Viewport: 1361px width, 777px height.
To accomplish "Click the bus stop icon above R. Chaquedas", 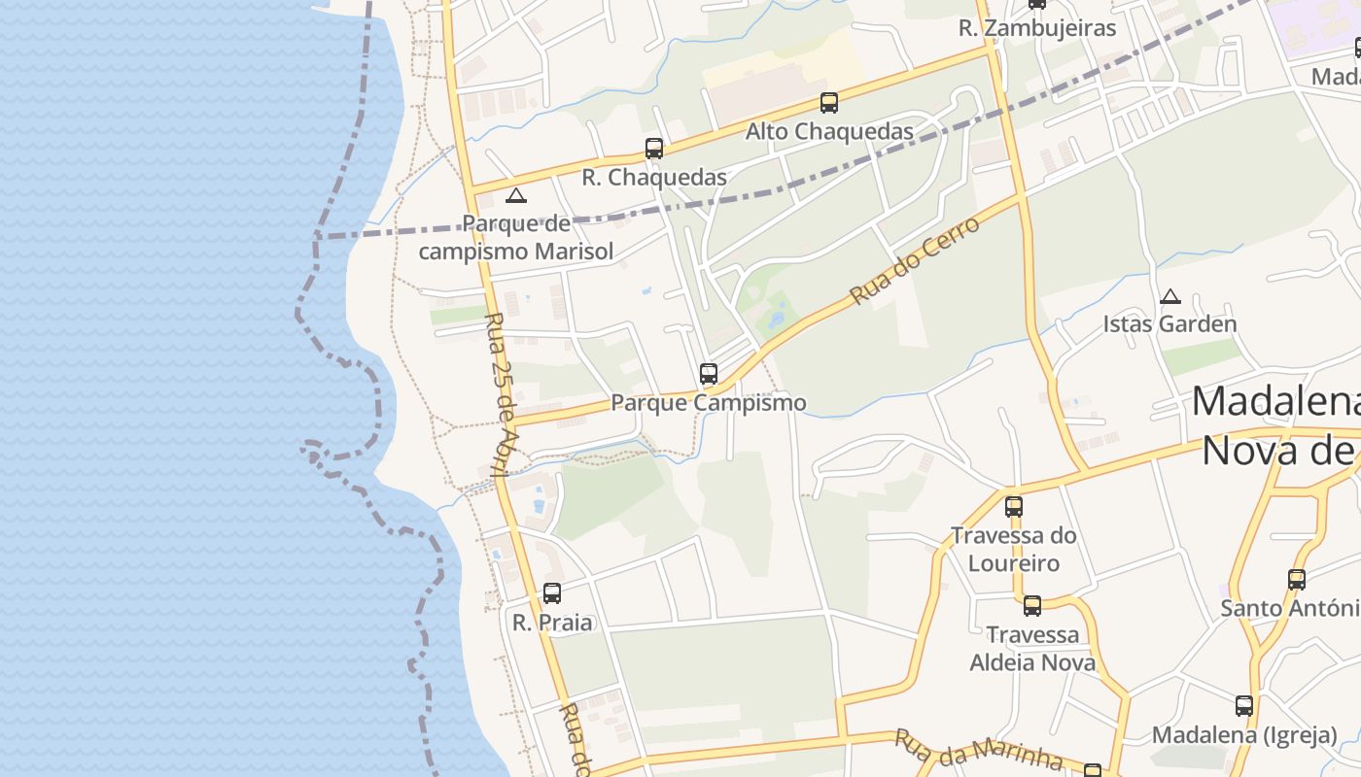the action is [x=654, y=149].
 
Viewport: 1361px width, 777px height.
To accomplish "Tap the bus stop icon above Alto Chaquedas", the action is [x=829, y=103].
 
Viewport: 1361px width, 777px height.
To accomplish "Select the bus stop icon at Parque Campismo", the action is [x=709, y=374].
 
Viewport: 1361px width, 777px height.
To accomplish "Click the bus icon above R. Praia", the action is [x=552, y=593].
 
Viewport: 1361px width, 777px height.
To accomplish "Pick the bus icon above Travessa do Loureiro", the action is [x=1014, y=506].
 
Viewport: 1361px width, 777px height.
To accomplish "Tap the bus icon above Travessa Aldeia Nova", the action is [x=1032, y=606].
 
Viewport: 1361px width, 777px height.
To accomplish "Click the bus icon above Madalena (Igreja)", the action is [x=1244, y=706].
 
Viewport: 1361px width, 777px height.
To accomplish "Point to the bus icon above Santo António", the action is [x=1297, y=580].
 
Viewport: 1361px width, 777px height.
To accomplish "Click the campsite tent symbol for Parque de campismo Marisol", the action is [x=516, y=196].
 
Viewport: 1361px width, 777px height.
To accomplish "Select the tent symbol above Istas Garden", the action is [x=1170, y=296].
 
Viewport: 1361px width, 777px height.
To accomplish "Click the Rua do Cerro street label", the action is [x=915, y=257].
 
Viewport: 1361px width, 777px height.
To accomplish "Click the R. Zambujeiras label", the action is [x=1037, y=28].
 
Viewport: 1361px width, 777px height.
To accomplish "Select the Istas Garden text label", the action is [x=1169, y=324].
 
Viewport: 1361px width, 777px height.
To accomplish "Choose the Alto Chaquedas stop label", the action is [x=829, y=131].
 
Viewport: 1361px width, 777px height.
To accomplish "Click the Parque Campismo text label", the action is [x=709, y=402].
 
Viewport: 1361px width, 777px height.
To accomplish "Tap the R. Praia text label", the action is [x=552, y=623].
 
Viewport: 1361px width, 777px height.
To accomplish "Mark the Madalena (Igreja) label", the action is [x=1244, y=735].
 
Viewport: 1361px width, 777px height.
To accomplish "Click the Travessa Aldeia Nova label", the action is [x=1032, y=649].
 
